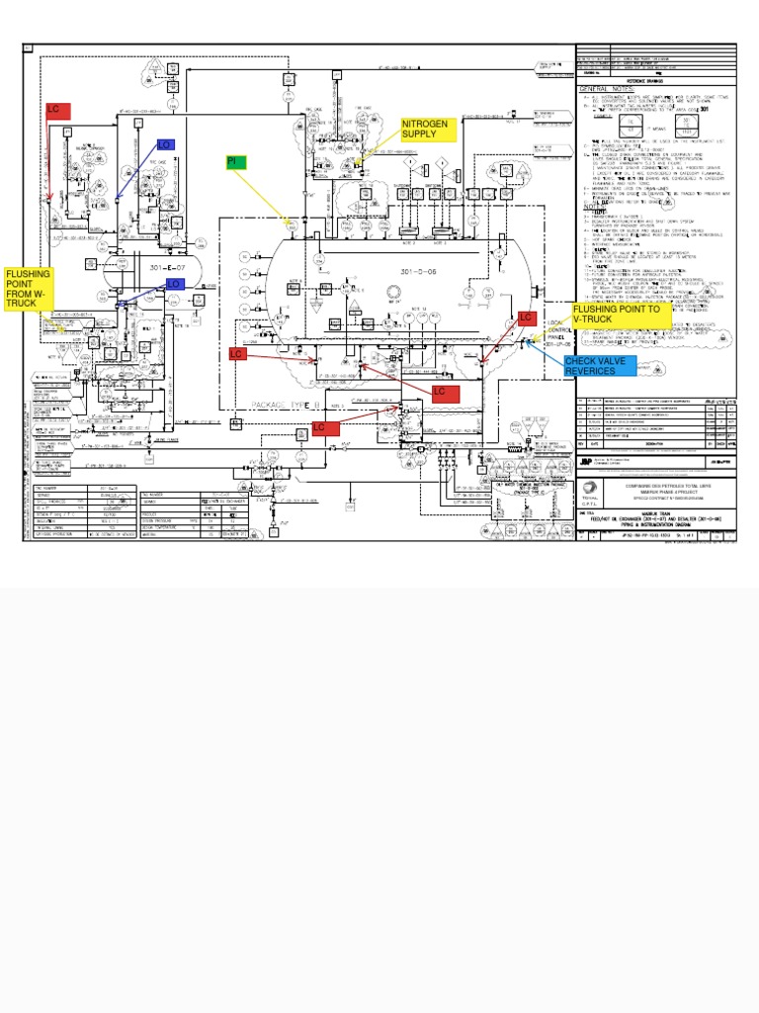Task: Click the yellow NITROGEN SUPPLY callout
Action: pyautogui.click(x=427, y=130)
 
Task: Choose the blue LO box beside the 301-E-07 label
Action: pyautogui.click(x=174, y=284)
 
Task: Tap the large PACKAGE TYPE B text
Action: pyautogui.click(x=287, y=407)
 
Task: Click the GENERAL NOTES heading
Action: pyautogui.click(x=604, y=89)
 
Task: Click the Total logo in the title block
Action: pyautogui.click(x=591, y=489)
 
